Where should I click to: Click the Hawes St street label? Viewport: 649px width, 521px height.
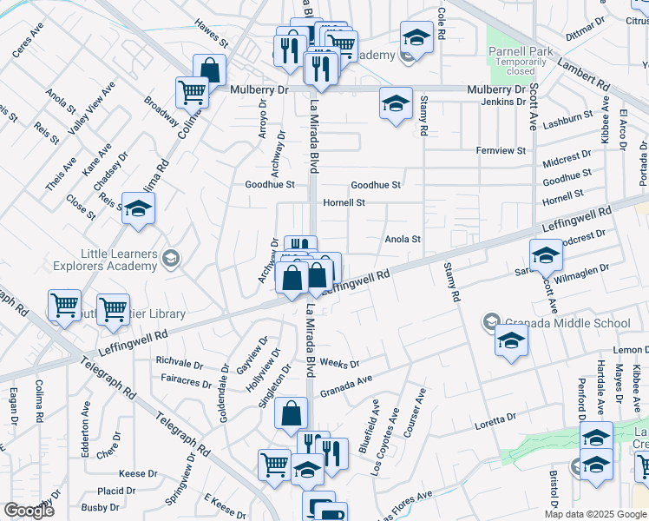[211, 35]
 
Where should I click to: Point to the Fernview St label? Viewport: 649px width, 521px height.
[501, 150]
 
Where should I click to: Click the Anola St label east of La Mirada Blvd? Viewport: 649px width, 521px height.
[403, 239]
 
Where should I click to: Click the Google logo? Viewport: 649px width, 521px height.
[29, 511]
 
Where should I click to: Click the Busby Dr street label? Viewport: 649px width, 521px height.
[98, 507]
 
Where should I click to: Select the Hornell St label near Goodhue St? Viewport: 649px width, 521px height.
[369, 202]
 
